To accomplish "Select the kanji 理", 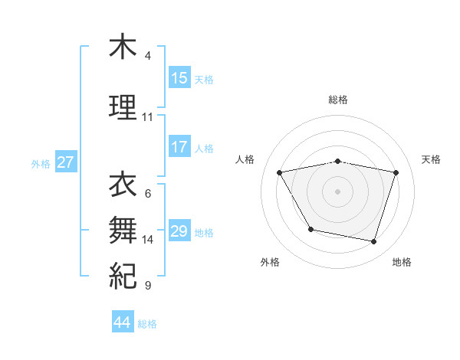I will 123,106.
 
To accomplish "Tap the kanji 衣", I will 123,185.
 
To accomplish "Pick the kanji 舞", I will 123,229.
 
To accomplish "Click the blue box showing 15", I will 179,78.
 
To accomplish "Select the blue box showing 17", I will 179,147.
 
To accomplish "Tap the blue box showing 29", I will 179,231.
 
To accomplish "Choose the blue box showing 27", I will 66,162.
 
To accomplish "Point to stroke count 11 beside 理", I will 147,117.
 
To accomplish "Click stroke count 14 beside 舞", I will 148,240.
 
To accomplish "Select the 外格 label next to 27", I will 41,163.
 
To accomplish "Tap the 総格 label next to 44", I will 147,324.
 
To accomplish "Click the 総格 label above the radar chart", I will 337,100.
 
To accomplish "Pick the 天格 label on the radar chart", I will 432,159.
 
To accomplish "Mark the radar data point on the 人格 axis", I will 279,172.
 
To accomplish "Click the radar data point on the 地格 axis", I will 373,242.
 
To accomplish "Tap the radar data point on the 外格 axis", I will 310,229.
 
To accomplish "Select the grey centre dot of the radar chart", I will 337,191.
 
